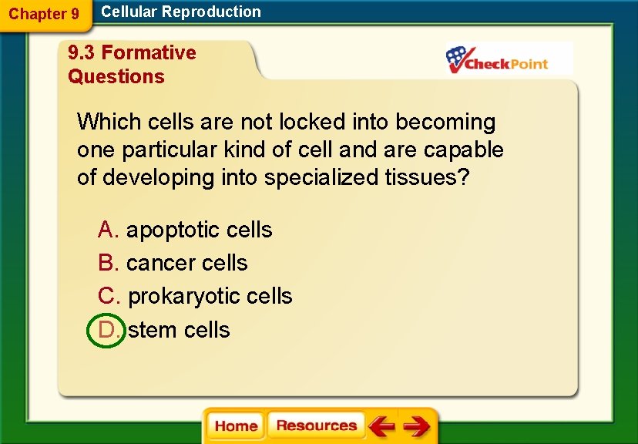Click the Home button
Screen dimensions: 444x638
pyautogui.click(x=236, y=426)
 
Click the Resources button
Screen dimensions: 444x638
pyautogui.click(x=316, y=425)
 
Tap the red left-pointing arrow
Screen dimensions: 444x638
pyautogui.click(x=381, y=426)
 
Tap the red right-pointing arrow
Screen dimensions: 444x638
pyautogui.click(x=416, y=426)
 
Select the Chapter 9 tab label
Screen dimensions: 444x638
pyautogui.click(x=44, y=14)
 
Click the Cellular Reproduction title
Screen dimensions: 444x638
pyautogui.click(x=181, y=12)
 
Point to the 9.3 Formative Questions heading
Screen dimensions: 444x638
pyautogui.click(x=132, y=65)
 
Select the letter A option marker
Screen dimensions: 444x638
pyautogui.click(x=107, y=230)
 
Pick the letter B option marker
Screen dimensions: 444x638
pyautogui.click(x=107, y=263)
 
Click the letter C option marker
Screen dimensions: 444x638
pyautogui.click(x=107, y=296)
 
